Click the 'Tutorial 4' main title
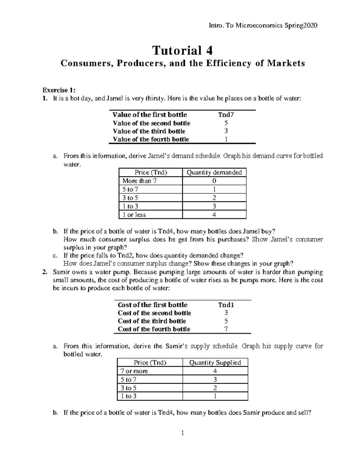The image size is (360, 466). [x=183, y=50]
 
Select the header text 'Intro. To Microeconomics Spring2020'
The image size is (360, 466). [x=263, y=26]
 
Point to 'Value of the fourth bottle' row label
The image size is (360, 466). [x=151, y=139]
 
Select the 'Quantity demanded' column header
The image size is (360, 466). [x=214, y=172]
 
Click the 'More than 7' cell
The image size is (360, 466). [x=139, y=181]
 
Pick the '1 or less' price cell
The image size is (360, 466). [x=134, y=215]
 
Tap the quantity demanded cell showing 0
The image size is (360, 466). [x=214, y=181]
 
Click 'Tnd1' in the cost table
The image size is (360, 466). [x=226, y=305]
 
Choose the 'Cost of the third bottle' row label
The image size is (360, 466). [x=152, y=321]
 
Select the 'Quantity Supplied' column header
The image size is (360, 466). [x=215, y=362]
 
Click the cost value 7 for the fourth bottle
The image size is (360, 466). [x=226, y=329]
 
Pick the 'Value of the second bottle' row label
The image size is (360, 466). [x=151, y=123]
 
